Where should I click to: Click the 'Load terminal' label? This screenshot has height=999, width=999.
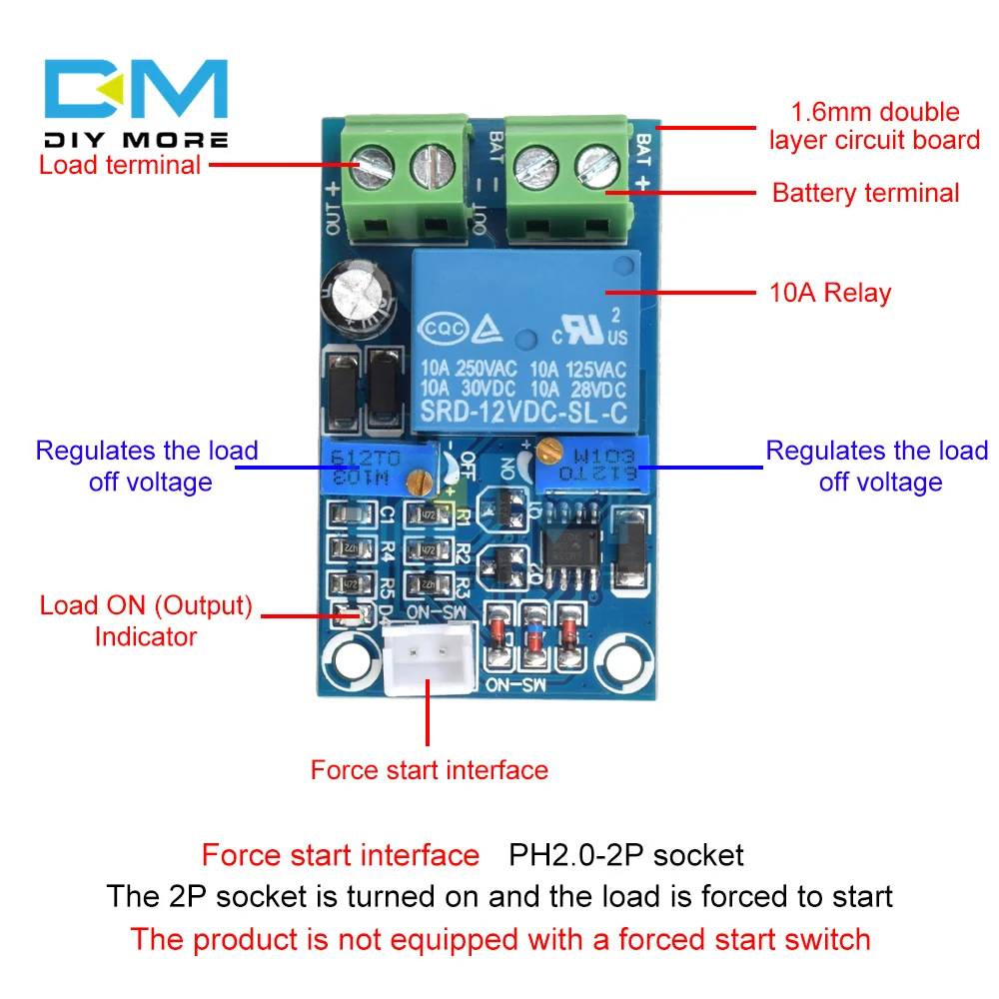[120, 165]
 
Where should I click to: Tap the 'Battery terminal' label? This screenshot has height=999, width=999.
[865, 193]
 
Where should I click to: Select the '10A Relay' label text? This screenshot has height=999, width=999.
[829, 293]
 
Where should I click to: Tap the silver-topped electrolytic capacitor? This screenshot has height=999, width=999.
[354, 297]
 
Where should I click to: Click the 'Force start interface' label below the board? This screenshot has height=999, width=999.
[429, 770]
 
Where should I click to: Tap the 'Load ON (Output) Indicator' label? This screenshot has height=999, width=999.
[146, 620]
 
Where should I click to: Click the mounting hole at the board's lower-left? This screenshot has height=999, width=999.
[348, 658]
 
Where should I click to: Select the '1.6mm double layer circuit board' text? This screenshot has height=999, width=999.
[874, 125]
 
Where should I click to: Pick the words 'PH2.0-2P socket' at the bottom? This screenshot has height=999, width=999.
[626, 855]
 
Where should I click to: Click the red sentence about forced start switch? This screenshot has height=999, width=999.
[499, 939]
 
